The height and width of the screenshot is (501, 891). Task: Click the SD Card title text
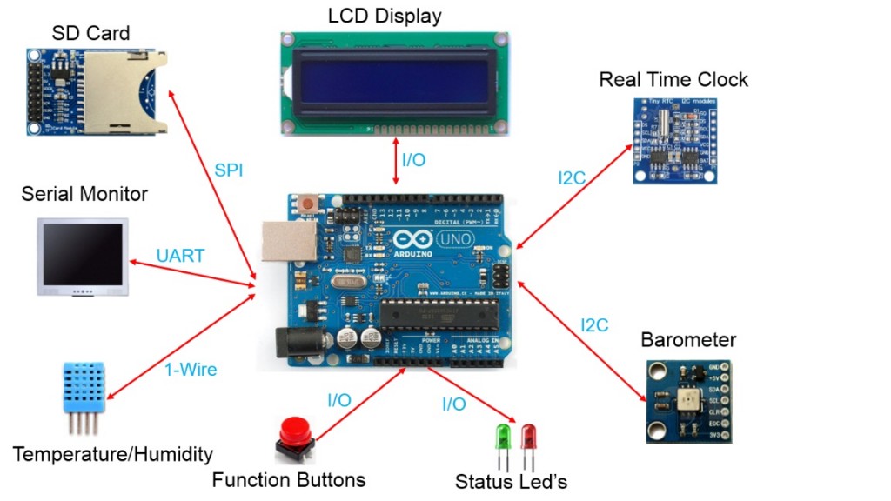coord(90,34)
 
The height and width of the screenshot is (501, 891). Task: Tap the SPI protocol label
coord(229,170)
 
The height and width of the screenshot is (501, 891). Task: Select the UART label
coord(180,256)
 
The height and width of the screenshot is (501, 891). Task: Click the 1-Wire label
coord(191,370)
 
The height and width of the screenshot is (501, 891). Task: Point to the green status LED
coord(502,436)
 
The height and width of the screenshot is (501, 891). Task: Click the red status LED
coord(527,436)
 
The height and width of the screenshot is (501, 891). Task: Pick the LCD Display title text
coord(385,16)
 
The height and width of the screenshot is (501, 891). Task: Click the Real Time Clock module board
coord(676,140)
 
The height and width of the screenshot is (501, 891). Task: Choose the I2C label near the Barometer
coord(594,325)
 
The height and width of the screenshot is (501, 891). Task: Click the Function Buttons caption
coord(289,479)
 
